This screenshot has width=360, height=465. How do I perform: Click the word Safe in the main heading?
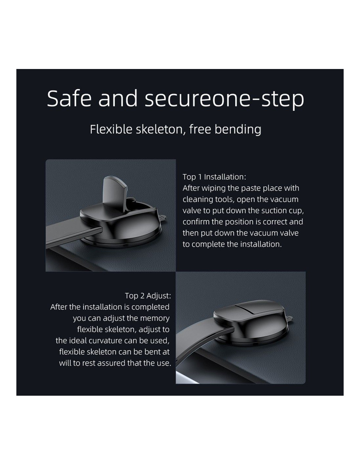click(x=69, y=98)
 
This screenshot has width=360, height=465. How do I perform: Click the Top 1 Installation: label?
click(x=214, y=177)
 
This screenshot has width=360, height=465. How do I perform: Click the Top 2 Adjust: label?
click(x=148, y=296)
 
